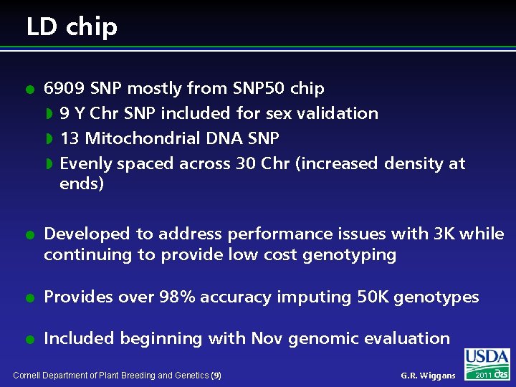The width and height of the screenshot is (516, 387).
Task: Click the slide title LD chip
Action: (72, 27)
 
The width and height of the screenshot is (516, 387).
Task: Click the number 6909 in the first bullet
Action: (62, 88)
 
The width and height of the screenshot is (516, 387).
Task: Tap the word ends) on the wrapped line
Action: (82, 183)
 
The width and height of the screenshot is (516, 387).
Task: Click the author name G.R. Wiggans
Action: (428, 376)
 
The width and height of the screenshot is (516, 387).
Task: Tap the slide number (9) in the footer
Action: (216, 376)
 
